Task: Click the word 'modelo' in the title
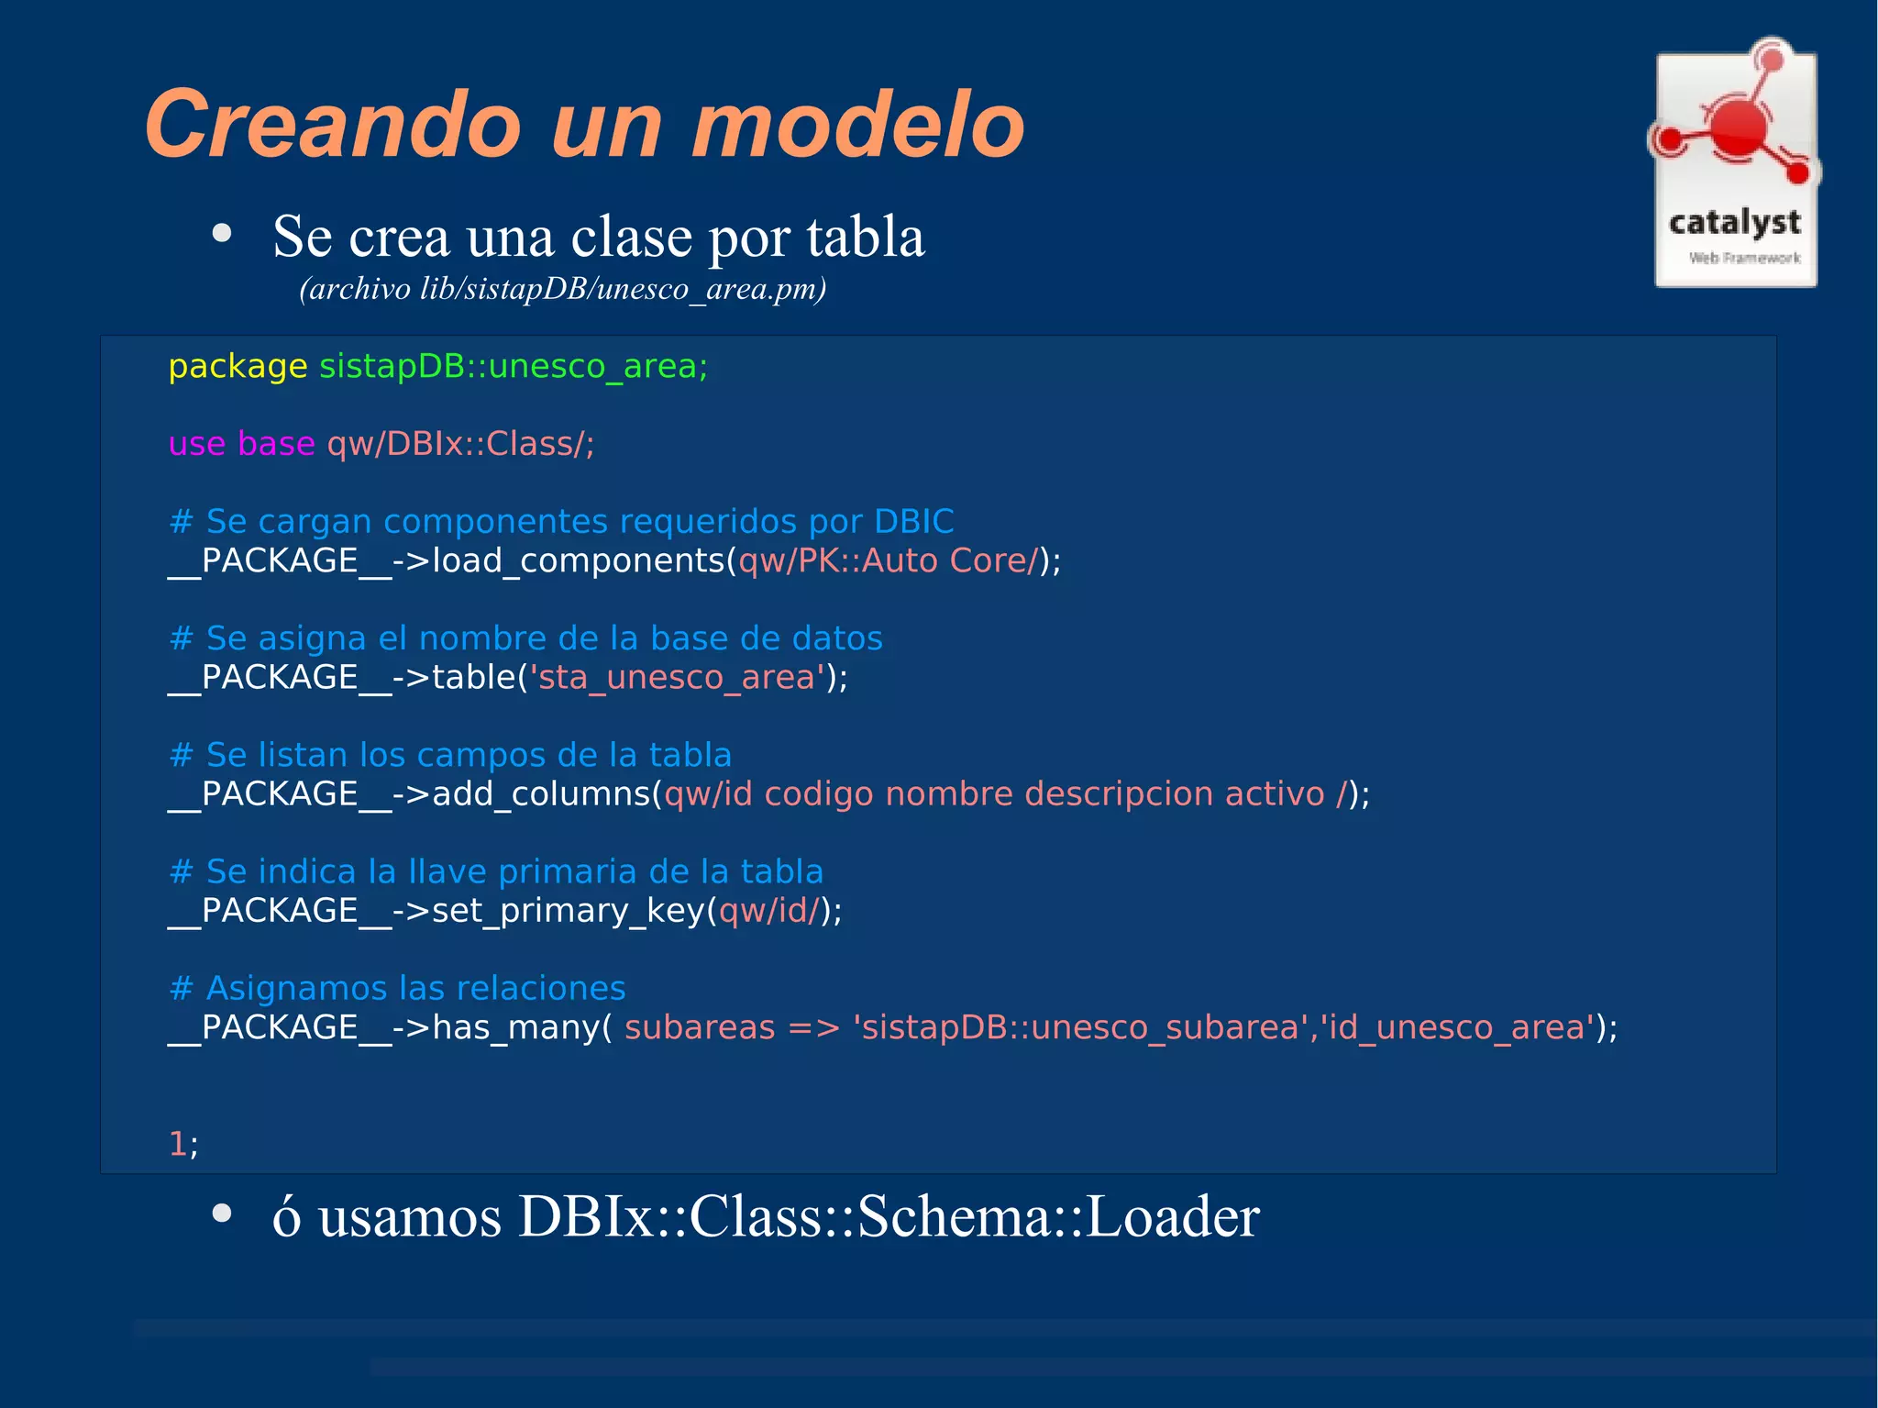[857, 126]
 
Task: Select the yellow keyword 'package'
[238, 367]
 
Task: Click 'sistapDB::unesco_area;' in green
[514, 367]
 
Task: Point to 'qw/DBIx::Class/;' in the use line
[460, 444]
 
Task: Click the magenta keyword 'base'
[276, 444]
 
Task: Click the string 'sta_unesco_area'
[677, 678]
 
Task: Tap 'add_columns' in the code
[541, 794]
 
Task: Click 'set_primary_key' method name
[569, 911]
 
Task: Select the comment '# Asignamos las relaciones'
[398, 988]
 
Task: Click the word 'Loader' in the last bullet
[1172, 1217]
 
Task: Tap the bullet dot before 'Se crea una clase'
[221, 234]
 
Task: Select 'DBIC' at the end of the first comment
[913, 521]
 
